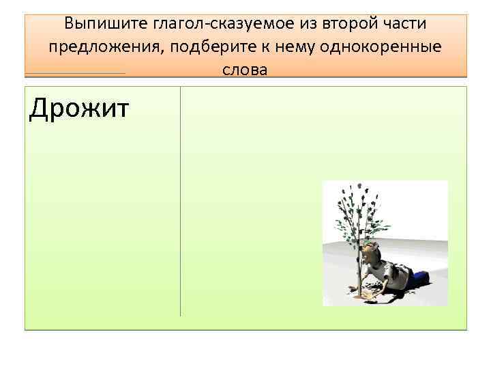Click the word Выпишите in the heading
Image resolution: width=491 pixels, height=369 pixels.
(96, 25)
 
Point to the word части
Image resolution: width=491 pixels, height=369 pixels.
(402, 25)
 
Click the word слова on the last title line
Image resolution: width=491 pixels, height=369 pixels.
(245, 70)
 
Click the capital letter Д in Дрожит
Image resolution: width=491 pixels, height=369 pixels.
(38, 109)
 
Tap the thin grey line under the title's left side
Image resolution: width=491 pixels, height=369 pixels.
(75, 73)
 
